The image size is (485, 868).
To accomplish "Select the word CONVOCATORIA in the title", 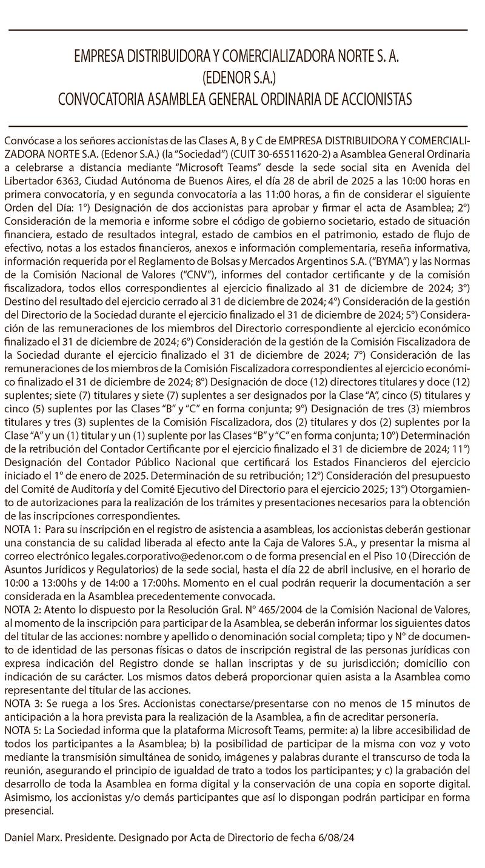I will (x=105, y=99).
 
